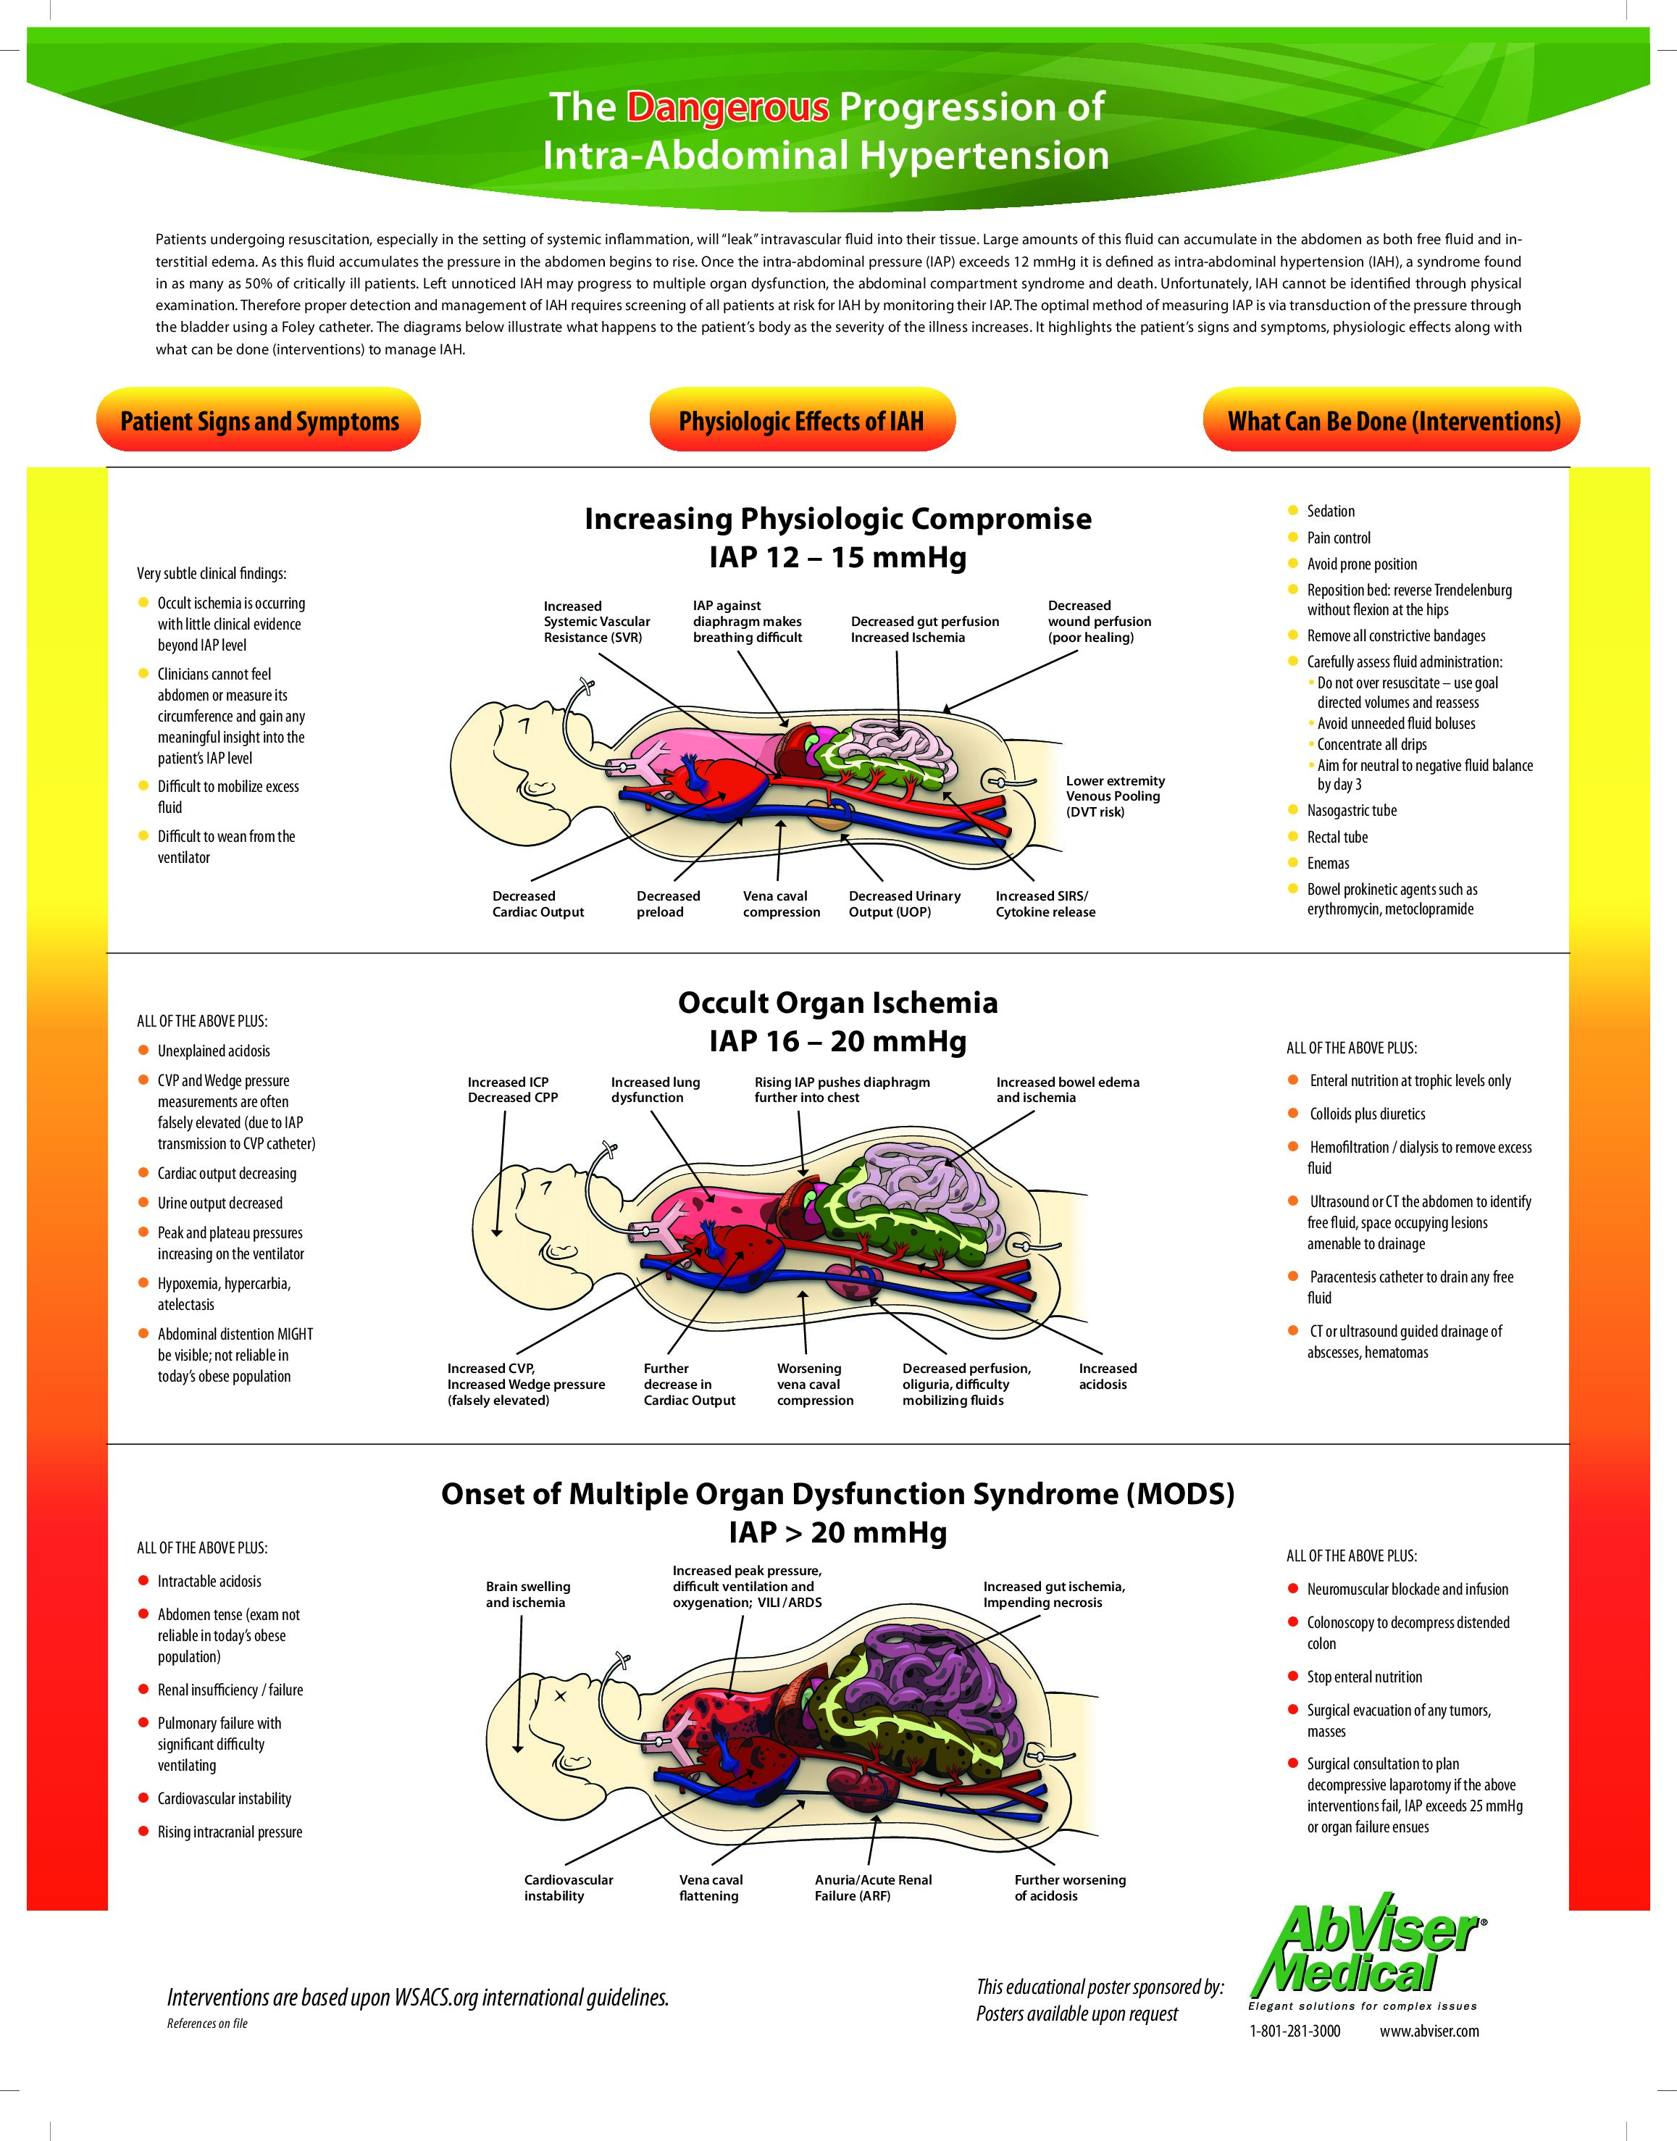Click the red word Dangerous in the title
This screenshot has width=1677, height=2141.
tap(727, 107)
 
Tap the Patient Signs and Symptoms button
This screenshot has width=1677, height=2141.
tap(259, 422)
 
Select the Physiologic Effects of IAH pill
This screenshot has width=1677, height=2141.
tap(801, 422)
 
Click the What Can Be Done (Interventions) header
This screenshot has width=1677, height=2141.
tap(1393, 422)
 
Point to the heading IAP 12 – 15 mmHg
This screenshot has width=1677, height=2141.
tap(837, 558)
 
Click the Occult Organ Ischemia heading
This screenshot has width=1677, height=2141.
tap(837, 1003)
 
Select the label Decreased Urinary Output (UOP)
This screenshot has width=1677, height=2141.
tap(904, 903)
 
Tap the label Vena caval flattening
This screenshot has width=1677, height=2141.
tap(711, 1887)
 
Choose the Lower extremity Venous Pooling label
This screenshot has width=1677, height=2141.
tap(1116, 796)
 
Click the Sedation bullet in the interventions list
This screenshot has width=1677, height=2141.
tap(1331, 511)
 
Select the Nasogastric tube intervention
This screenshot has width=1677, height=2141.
tap(1351, 810)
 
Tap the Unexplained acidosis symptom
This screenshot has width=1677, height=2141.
tap(213, 1051)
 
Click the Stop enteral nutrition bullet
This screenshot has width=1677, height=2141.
tap(1364, 1677)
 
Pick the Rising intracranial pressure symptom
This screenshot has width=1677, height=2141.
tap(230, 1832)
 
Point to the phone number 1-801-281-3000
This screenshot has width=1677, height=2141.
tap(1294, 2031)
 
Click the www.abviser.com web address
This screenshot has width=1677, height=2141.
tap(1429, 2031)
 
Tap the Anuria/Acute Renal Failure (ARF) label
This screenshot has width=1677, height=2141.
tap(873, 1887)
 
